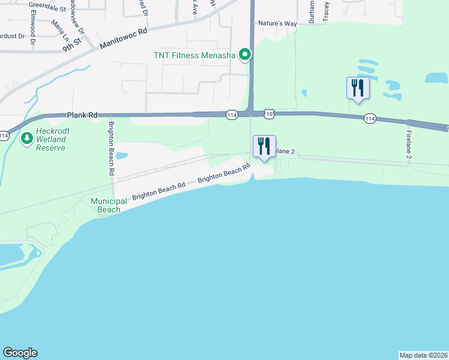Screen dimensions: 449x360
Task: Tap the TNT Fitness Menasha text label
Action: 197,56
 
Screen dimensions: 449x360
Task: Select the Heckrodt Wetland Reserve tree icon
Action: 26,139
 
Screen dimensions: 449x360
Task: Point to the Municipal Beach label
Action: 109,205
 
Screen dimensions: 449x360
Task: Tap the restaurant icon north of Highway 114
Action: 358,88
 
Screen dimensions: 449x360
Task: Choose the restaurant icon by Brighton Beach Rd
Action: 264,146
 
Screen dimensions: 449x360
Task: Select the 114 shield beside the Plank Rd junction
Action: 232,115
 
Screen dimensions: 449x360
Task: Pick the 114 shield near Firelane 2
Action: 370,119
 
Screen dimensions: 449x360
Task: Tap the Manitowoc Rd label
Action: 123,39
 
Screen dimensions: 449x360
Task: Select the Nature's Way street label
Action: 277,23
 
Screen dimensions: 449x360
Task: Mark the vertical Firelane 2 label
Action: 409,144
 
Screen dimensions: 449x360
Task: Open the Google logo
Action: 20,353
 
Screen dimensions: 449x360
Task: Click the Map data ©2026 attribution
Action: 423,355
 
